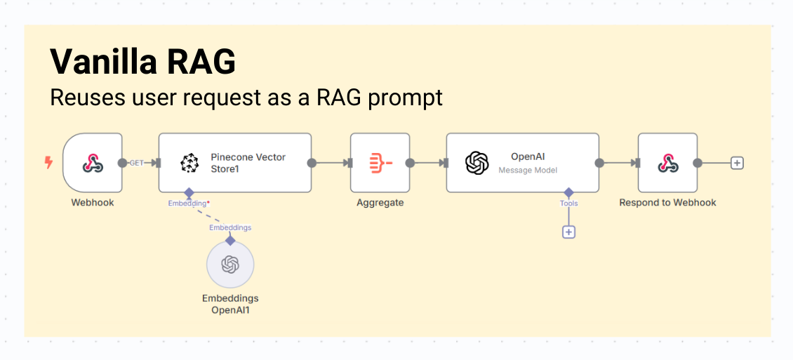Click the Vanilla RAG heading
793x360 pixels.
[142, 62]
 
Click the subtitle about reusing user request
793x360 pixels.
[246, 98]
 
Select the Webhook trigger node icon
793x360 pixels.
[92, 163]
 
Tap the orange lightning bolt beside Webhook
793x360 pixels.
[48, 163]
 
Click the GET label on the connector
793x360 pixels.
[137, 163]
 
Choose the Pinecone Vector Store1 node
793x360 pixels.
[235, 163]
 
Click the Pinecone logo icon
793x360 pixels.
[189, 163]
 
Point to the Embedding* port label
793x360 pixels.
[188, 204]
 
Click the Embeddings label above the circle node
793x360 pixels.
[230, 227]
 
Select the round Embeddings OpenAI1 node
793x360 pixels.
[230, 265]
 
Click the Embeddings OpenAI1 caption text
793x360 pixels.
[230, 304]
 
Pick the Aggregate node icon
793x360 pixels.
[380, 163]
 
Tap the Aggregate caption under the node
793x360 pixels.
[380, 203]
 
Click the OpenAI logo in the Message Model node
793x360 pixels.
[477, 163]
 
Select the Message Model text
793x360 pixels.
[528, 171]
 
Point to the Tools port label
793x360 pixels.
[568, 204]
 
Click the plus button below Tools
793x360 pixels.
[568, 232]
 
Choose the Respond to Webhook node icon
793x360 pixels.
[667, 163]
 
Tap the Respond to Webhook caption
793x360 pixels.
[667, 203]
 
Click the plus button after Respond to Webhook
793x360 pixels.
[737, 163]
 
